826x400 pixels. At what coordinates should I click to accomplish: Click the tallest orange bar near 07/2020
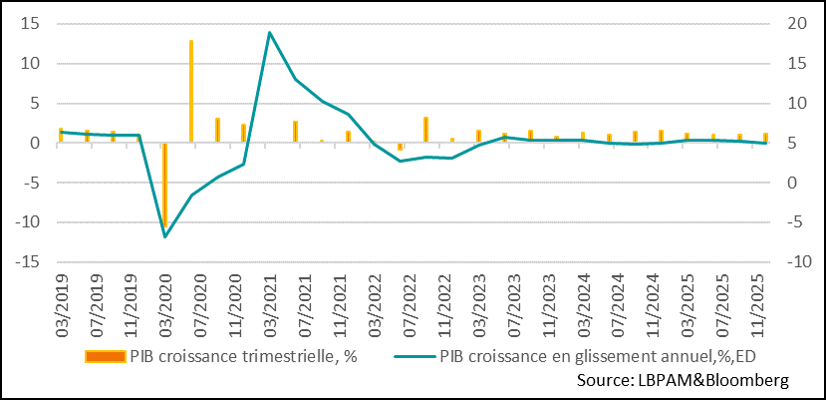(191, 91)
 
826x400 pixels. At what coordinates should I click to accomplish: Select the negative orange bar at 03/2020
(165, 185)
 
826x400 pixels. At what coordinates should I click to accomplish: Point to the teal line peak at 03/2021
(269, 33)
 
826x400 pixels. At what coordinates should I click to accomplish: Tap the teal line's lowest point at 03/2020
(165, 236)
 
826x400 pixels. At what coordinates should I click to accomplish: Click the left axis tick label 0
(37, 143)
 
